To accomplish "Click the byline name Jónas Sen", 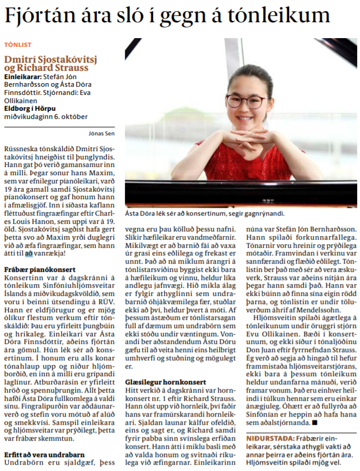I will [x=101, y=132].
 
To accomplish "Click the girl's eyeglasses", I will [x=246, y=101].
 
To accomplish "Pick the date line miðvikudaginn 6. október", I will [x=42, y=115].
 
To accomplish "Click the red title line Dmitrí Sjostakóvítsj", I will [x=50, y=59].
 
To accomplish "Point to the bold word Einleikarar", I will [x=22, y=77].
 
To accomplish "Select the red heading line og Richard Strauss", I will [x=46, y=68].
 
